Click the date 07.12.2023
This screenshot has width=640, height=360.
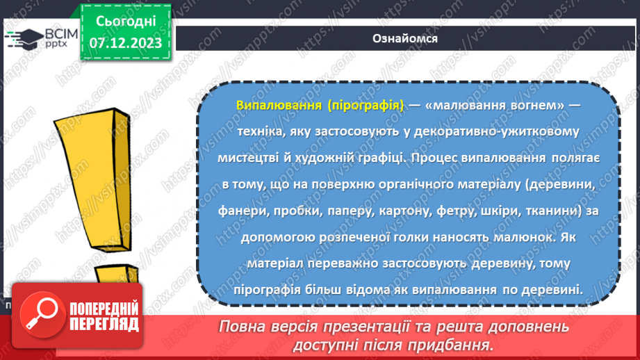click(x=125, y=43)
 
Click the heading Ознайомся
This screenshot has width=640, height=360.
click(x=405, y=39)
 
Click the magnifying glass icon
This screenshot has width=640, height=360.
click(x=39, y=314)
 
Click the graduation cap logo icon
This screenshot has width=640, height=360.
click(x=23, y=38)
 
